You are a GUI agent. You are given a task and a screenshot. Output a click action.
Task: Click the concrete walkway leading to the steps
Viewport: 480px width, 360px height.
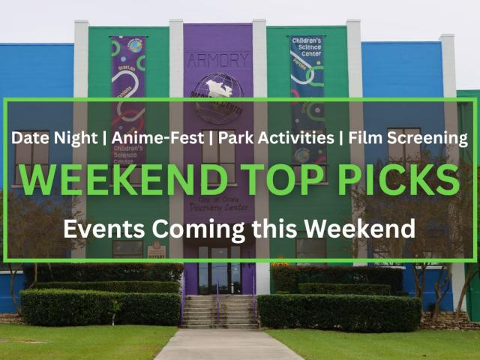point(217,345)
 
